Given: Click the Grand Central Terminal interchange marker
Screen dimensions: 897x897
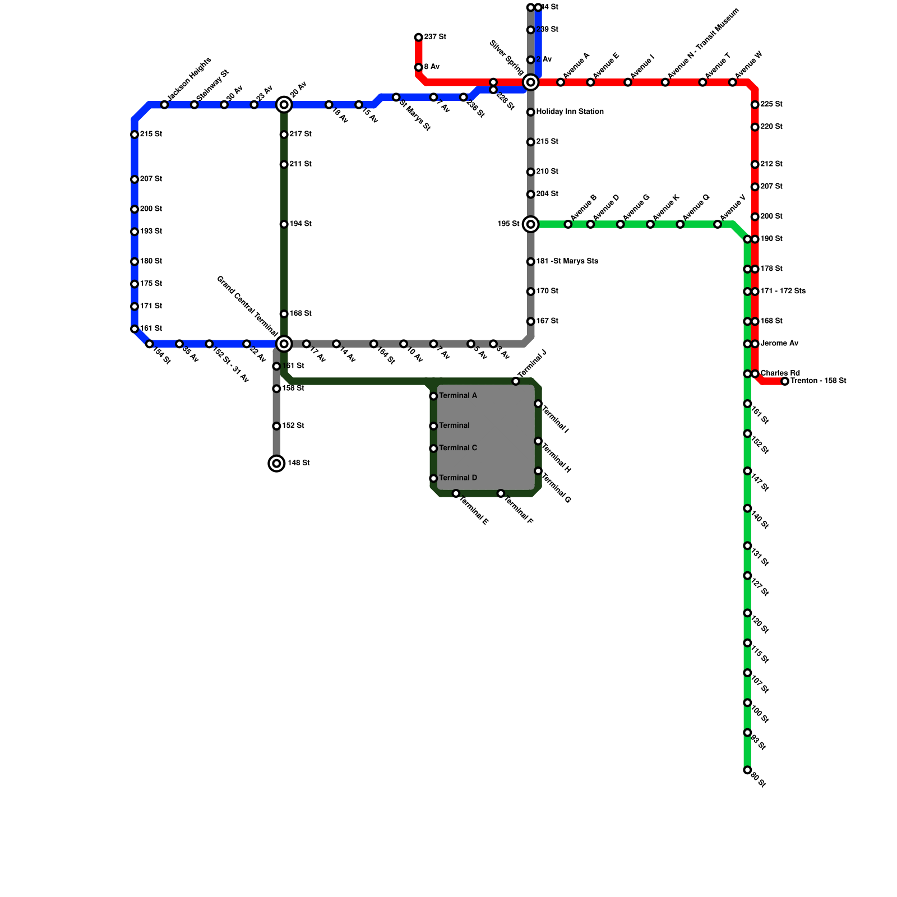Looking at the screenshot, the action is click(x=284, y=344).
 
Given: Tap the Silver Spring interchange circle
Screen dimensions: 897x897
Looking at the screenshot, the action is click(x=530, y=82).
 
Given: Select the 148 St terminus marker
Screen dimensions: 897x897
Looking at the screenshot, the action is click(x=276, y=463).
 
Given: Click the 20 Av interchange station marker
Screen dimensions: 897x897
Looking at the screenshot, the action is click(x=284, y=105).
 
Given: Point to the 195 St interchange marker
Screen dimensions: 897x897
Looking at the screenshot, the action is click(x=530, y=224).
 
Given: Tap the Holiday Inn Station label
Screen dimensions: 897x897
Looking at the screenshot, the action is click(x=570, y=112).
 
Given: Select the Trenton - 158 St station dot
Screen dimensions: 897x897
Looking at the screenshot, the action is click(x=785, y=381).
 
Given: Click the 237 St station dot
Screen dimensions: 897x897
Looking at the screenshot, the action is click(x=418, y=38).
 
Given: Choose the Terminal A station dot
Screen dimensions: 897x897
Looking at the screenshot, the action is click(x=433, y=396).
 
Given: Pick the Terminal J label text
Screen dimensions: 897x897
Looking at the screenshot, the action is click(x=531, y=363).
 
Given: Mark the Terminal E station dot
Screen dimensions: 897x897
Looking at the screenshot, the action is click(x=456, y=493).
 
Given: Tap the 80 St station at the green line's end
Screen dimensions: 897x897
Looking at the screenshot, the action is click(x=747, y=770).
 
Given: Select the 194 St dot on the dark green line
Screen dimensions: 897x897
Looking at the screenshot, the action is click(x=284, y=224).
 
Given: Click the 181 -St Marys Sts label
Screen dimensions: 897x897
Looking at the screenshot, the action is click(x=567, y=261).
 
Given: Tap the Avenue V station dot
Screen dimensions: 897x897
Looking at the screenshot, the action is click(x=718, y=224).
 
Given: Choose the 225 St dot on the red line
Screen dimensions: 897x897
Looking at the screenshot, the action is click(x=755, y=105).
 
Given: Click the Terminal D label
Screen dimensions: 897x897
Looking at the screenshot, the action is click(x=458, y=478).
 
